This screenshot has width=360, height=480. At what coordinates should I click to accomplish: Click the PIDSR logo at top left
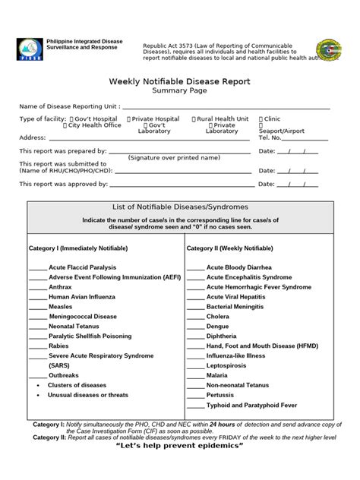coord(27,47)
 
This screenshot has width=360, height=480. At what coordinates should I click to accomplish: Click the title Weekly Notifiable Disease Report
coord(180,81)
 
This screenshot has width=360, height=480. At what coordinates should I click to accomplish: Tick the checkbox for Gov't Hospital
coord(71,118)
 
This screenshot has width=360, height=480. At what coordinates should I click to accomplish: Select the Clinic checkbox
coord(261,118)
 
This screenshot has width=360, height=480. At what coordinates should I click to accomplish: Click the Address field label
coord(33,137)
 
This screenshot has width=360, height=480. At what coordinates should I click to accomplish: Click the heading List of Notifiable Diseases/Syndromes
coord(180,207)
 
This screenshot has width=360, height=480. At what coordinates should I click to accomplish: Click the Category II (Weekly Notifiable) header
coord(229,248)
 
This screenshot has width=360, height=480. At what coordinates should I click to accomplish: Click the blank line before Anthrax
coord(37,289)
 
